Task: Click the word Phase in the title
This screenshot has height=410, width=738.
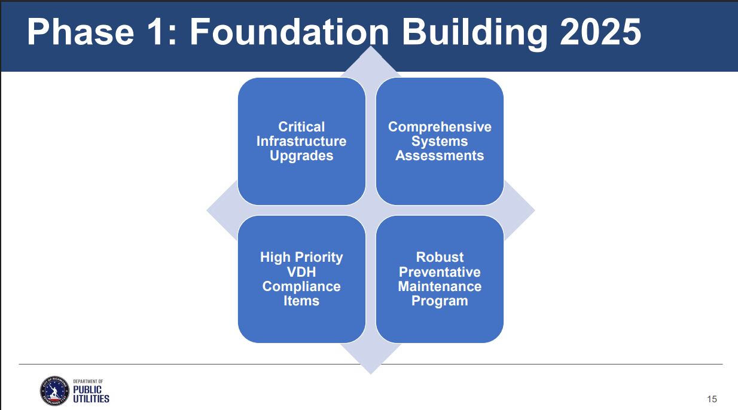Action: (81, 32)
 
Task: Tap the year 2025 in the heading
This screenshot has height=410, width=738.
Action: (600, 32)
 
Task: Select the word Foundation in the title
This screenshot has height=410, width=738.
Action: (289, 32)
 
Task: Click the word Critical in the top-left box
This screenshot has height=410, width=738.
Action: (301, 127)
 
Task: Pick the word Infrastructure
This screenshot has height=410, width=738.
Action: (301, 141)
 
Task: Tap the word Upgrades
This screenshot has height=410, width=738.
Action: (301, 156)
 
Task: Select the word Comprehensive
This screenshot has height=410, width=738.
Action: (440, 127)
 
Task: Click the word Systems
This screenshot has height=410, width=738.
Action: (440, 142)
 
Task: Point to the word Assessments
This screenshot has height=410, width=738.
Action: (440, 156)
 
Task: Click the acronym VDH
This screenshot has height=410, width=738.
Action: (301, 272)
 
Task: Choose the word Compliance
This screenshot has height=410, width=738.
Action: (301, 287)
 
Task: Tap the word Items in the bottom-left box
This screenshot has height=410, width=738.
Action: (301, 301)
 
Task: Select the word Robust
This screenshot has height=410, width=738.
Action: (440, 257)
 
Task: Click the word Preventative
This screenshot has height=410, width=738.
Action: (440, 272)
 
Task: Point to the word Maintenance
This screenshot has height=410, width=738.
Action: (440, 286)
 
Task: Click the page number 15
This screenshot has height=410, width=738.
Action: (712, 399)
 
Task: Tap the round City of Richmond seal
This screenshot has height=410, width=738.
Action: (54, 391)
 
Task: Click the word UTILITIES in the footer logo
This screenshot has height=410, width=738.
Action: (91, 399)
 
